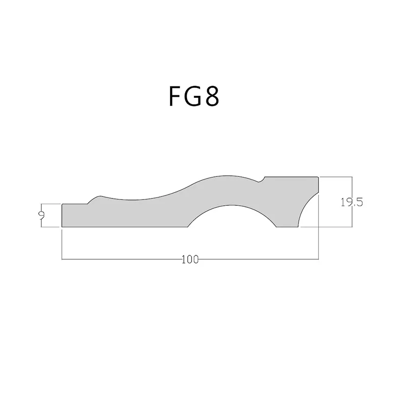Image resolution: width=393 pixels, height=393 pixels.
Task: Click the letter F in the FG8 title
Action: (x=175, y=96)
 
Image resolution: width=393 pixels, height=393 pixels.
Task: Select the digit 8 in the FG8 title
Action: (x=212, y=96)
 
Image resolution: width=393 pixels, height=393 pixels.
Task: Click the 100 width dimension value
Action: (x=190, y=260)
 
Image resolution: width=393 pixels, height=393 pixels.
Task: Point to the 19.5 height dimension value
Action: (x=352, y=202)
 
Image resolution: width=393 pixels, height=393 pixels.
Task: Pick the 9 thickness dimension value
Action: (x=42, y=215)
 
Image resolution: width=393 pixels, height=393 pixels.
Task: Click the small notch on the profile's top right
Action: (x=262, y=179)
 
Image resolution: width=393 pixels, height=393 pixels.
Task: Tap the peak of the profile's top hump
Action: (x=227, y=176)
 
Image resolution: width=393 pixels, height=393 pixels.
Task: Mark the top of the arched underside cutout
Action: (x=231, y=205)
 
